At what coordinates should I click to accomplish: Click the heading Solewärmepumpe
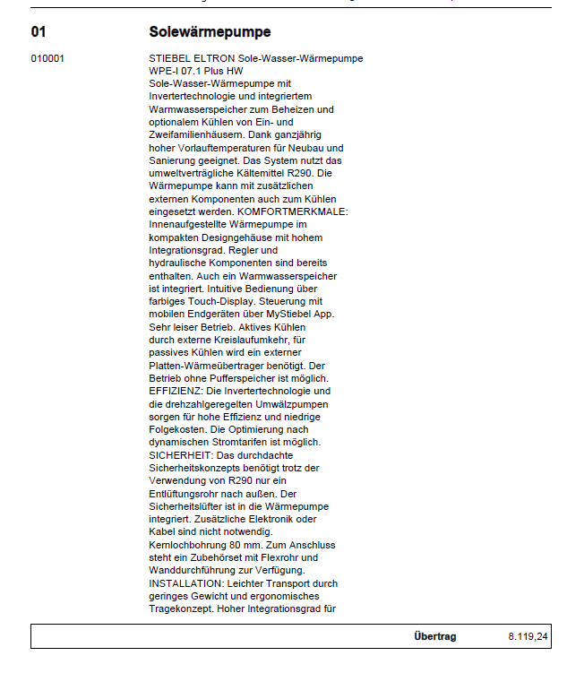(x=210, y=32)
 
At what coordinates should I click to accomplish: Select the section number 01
(x=39, y=32)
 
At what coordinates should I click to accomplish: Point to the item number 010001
(x=47, y=58)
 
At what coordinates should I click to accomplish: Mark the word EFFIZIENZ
(x=176, y=392)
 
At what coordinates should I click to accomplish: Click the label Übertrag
(x=434, y=636)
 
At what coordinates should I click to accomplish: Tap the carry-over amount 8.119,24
(x=528, y=636)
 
